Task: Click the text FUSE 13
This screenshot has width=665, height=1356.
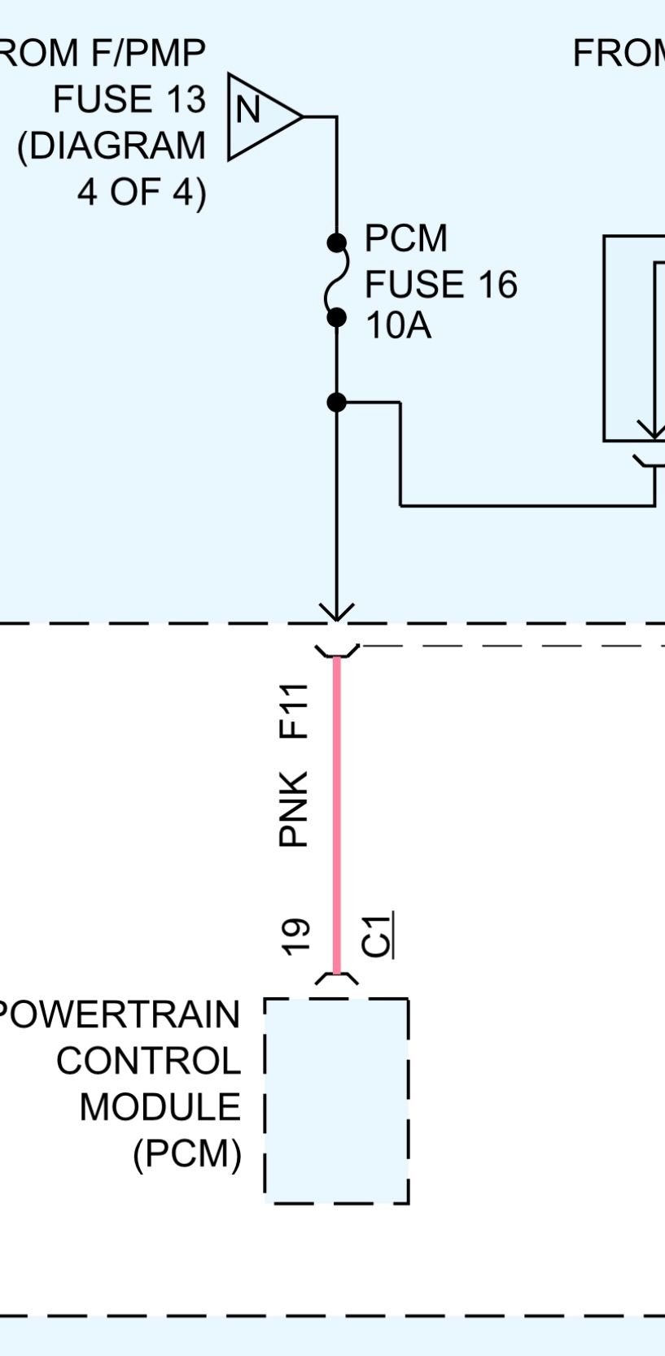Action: [129, 100]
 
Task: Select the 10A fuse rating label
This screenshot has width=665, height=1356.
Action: [398, 326]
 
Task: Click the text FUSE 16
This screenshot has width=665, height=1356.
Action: [440, 285]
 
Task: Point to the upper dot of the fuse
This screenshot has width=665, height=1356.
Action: [336, 242]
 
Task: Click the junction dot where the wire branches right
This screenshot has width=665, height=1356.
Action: [336, 402]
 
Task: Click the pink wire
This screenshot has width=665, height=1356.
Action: [336, 813]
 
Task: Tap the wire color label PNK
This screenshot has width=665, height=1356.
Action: [294, 809]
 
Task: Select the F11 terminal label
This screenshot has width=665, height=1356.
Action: [294, 711]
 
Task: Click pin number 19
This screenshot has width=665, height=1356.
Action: [295, 935]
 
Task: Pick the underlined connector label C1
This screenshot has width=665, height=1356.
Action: [377, 935]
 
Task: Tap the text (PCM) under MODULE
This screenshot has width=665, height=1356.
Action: [187, 1153]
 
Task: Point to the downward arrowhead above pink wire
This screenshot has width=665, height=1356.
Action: [336, 612]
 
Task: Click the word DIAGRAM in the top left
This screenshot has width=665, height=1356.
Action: [112, 146]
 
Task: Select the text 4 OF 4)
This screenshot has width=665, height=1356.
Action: [142, 193]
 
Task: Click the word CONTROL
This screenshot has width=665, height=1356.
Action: [148, 1061]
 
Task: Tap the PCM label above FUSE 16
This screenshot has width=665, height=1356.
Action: [405, 238]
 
